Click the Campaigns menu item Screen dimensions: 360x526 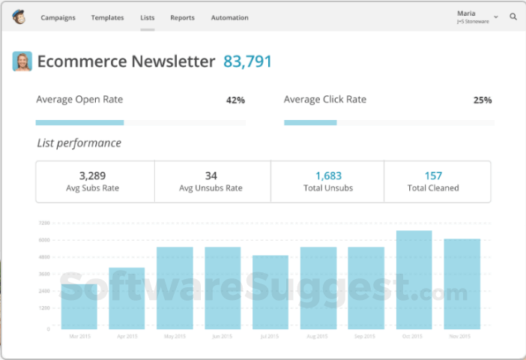58,17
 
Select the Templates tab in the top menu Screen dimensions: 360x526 107,17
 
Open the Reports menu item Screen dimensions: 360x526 182,17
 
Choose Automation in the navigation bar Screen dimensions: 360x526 229,17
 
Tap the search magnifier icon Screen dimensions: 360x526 513,16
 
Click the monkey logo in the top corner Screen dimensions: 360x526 19,16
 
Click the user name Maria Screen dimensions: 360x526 467,13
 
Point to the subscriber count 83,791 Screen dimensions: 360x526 247,61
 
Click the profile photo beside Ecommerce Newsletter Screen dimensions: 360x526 22,61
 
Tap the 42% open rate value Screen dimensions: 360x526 235,100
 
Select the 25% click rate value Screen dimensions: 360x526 483,100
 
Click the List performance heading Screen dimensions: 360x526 79,143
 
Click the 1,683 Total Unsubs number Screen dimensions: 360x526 328,175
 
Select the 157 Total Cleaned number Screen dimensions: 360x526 433,175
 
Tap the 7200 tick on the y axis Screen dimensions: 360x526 44,223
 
